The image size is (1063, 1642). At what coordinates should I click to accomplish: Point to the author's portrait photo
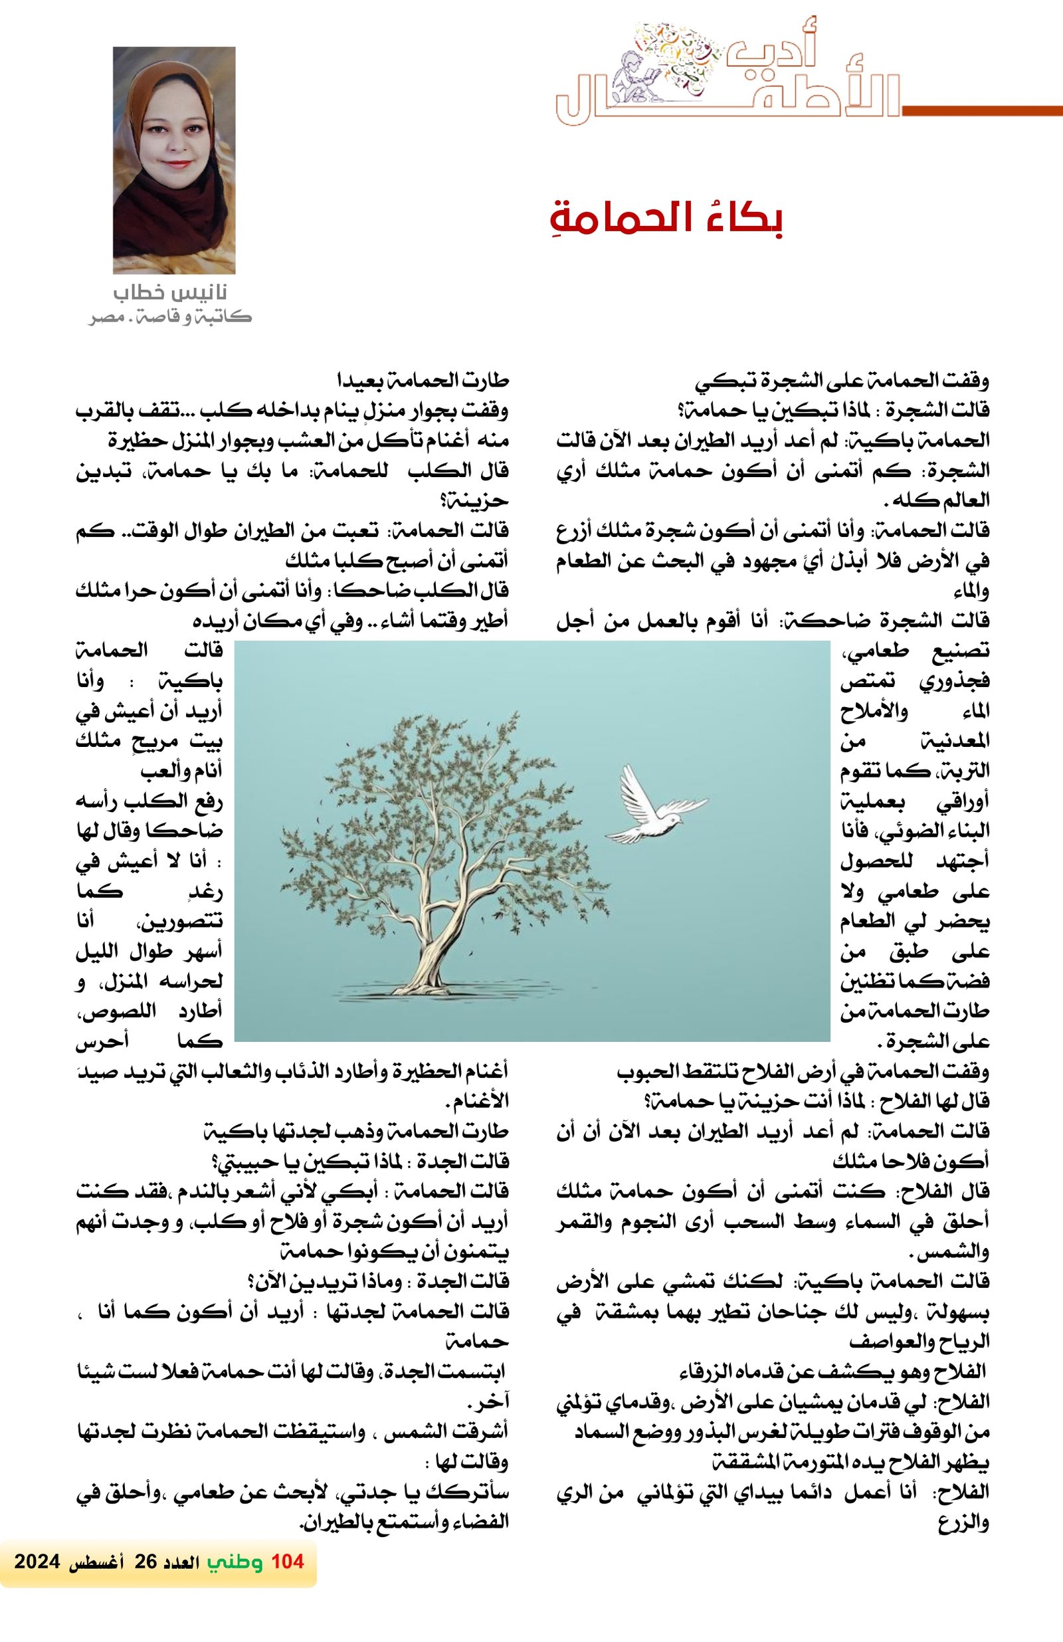pyautogui.click(x=174, y=160)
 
